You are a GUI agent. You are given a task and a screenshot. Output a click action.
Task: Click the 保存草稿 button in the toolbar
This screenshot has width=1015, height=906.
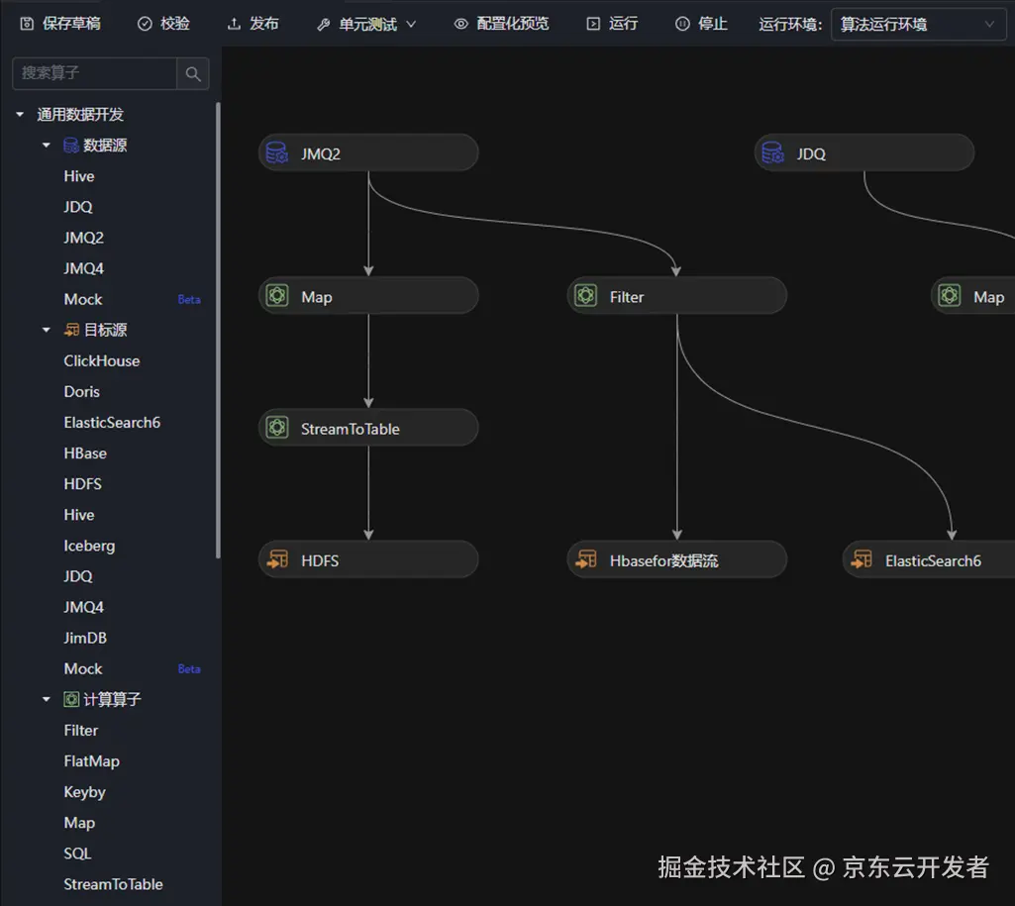pos(60,24)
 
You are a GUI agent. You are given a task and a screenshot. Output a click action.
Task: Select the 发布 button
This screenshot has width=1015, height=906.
pos(254,24)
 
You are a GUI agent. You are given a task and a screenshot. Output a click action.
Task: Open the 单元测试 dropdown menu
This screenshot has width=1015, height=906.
pos(366,24)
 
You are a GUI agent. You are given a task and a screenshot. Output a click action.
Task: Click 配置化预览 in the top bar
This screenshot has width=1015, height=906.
pos(501,24)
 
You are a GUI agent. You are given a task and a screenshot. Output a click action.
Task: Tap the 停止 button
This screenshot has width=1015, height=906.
pos(701,24)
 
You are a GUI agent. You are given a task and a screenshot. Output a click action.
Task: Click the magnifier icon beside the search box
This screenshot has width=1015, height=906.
pos(193,73)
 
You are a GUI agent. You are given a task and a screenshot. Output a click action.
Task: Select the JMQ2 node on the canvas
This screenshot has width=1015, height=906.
pos(368,153)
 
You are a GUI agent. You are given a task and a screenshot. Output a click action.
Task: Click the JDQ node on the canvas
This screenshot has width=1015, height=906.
pos(864,153)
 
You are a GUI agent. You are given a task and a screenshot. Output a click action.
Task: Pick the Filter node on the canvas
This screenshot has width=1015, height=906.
pos(677,296)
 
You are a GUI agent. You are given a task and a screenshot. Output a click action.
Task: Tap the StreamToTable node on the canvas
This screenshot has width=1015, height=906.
pos(368,429)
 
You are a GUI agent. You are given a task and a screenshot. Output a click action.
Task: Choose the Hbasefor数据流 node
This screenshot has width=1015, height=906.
pos(677,560)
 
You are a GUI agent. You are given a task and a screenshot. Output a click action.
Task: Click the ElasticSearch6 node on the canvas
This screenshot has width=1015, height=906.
pos(931,560)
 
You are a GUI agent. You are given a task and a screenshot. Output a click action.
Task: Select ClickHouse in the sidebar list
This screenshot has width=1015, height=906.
pos(102,360)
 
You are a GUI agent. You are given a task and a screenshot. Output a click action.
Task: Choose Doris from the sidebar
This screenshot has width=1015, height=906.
pos(82,391)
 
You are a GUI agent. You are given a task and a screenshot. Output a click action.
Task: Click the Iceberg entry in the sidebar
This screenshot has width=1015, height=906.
pos(89,546)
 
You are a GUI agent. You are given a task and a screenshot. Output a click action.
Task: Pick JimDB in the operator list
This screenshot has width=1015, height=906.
pos(85,638)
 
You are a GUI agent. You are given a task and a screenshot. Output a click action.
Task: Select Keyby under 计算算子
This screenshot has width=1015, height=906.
pos(84,792)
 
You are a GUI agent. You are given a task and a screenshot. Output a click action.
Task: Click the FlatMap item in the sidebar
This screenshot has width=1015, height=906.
pos(91,761)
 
